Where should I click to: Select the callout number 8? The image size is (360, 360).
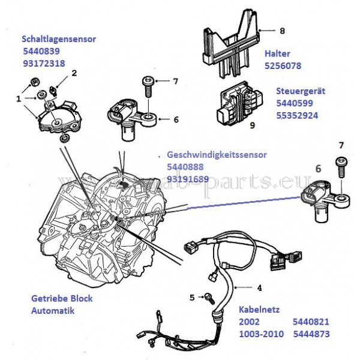[282, 30]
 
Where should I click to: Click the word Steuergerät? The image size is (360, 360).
[300, 91]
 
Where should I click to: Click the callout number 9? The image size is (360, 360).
[252, 125]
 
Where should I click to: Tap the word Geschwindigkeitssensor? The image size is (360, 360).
[217, 154]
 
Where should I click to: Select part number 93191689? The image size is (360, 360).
[188, 178]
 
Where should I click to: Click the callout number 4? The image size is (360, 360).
[259, 287]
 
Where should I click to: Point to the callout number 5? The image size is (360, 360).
[191, 297]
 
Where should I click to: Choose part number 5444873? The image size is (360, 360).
[311, 333]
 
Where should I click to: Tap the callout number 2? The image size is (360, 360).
[74, 73]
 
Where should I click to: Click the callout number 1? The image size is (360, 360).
[18, 97]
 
